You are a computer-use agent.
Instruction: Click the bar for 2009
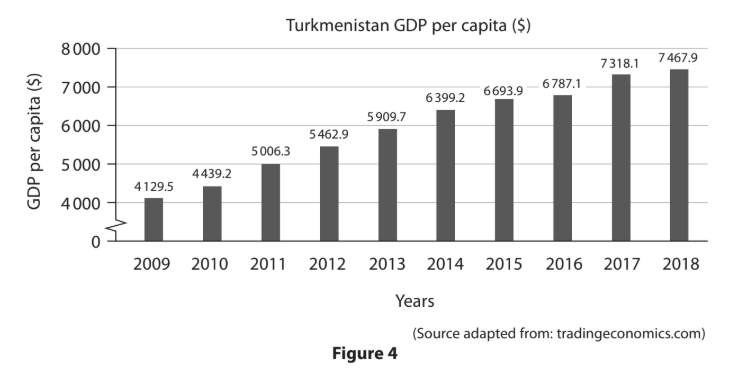[x=153, y=219]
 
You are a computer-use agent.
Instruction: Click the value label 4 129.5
[x=153, y=187]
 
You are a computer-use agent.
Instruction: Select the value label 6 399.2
[x=445, y=99]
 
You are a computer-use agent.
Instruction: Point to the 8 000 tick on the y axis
[x=82, y=49]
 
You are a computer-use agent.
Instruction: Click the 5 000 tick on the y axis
[x=82, y=164]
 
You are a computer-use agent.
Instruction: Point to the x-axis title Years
[x=415, y=299]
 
